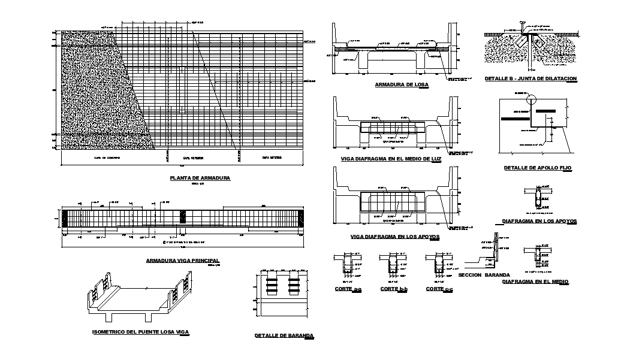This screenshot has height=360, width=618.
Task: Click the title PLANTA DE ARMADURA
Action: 200,178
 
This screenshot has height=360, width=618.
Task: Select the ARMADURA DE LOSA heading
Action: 402,84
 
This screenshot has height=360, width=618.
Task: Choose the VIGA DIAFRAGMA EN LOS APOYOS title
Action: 395,237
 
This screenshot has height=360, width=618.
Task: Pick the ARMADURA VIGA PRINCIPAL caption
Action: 183,261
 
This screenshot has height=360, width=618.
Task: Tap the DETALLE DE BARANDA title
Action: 284,336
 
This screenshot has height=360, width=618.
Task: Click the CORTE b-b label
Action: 394,289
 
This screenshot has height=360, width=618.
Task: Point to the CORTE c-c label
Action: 439,289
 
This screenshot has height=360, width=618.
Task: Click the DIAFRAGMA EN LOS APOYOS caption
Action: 539,221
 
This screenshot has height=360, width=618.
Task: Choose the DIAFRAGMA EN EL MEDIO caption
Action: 535,281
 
